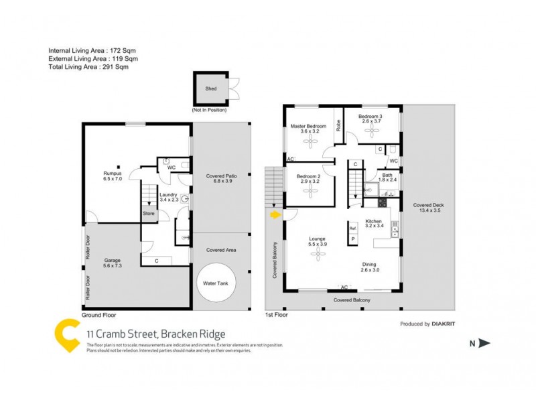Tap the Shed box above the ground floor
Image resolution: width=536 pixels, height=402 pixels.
[x=210, y=88]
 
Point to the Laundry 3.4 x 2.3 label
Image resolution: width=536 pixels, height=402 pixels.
[x=168, y=196]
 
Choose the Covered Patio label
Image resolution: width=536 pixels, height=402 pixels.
[x=220, y=179]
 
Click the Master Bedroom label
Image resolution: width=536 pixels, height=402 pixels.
[x=308, y=129]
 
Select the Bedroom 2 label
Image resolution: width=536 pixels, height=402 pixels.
[x=310, y=179]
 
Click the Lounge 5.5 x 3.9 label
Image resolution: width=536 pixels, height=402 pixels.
[x=317, y=241]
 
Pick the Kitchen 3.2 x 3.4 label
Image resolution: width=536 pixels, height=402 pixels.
[x=373, y=224]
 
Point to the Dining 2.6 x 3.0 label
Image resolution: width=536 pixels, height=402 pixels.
[x=371, y=267]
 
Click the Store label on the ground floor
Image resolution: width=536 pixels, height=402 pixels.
[x=148, y=214]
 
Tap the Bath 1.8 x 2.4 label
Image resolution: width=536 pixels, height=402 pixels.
[x=387, y=177]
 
